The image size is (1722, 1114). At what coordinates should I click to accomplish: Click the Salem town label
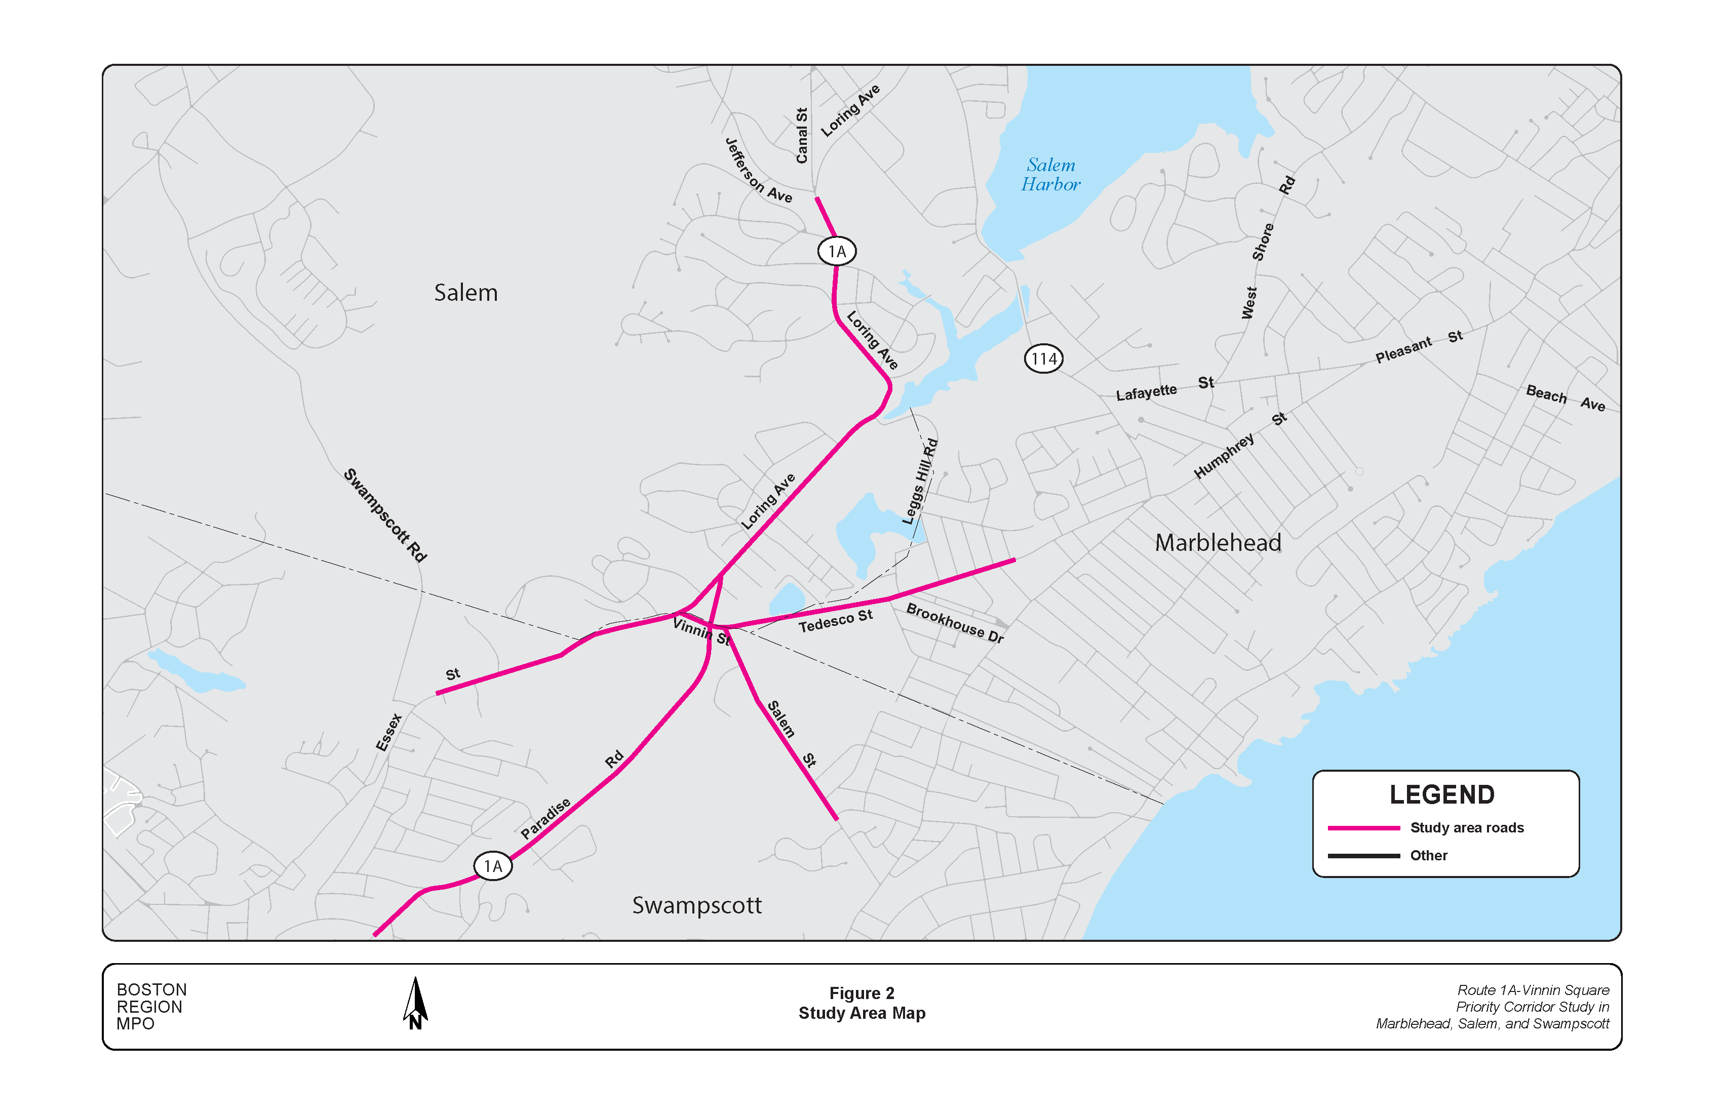pyautogui.click(x=465, y=293)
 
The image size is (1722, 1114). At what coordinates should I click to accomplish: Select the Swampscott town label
pyautogui.click(x=697, y=905)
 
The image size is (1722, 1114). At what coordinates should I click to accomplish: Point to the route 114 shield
pyautogui.click(x=1043, y=359)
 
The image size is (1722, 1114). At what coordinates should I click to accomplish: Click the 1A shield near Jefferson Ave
pyautogui.click(x=837, y=251)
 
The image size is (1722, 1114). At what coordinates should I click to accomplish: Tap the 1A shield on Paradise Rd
pyautogui.click(x=493, y=866)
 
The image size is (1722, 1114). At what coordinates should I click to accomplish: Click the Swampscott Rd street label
pyautogui.click(x=385, y=515)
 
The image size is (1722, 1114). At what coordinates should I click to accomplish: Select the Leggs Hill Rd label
pyautogui.click(x=920, y=482)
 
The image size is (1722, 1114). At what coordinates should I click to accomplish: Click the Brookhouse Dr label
pyautogui.click(x=954, y=623)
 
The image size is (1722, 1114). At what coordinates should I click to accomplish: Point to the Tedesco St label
pyautogui.click(x=835, y=621)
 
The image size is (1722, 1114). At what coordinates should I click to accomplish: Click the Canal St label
pyautogui.click(x=802, y=135)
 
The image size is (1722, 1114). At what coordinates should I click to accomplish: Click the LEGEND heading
pyautogui.click(x=1441, y=794)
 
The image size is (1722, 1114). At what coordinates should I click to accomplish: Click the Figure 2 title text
pyautogui.click(x=861, y=993)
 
